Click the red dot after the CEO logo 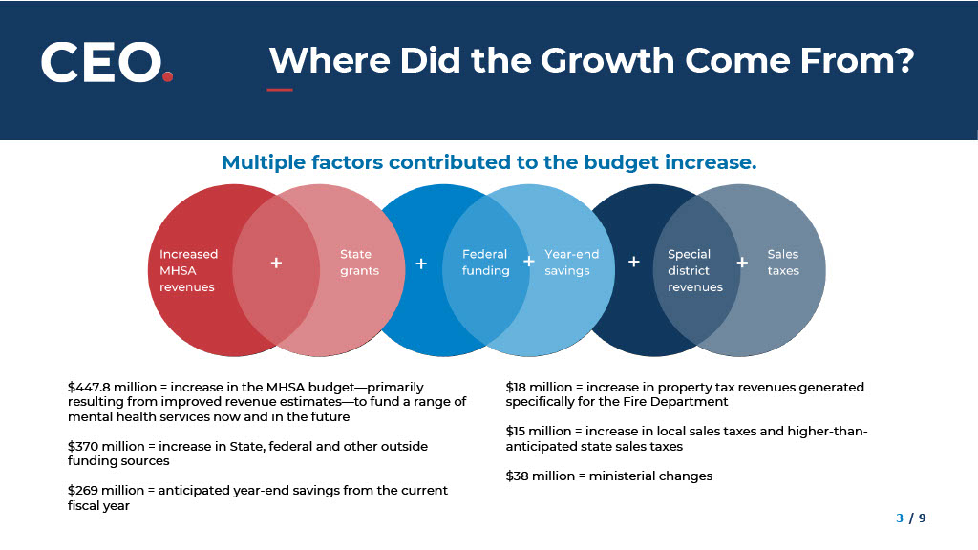[x=167, y=76]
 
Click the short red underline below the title [x=280, y=90]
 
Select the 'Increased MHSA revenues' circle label [x=188, y=270]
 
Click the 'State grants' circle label [x=359, y=263]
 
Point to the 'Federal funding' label [x=485, y=263]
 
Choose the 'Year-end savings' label [x=571, y=263]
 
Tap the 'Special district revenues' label [x=695, y=270]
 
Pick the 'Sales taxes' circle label [x=783, y=263]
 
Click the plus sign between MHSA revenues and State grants [x=276, y=264]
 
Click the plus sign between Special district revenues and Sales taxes [x=742, y=263]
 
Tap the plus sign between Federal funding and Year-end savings [x=529, y=262]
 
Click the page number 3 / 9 [x=910, y=518]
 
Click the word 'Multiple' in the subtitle [x=262, y=162]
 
